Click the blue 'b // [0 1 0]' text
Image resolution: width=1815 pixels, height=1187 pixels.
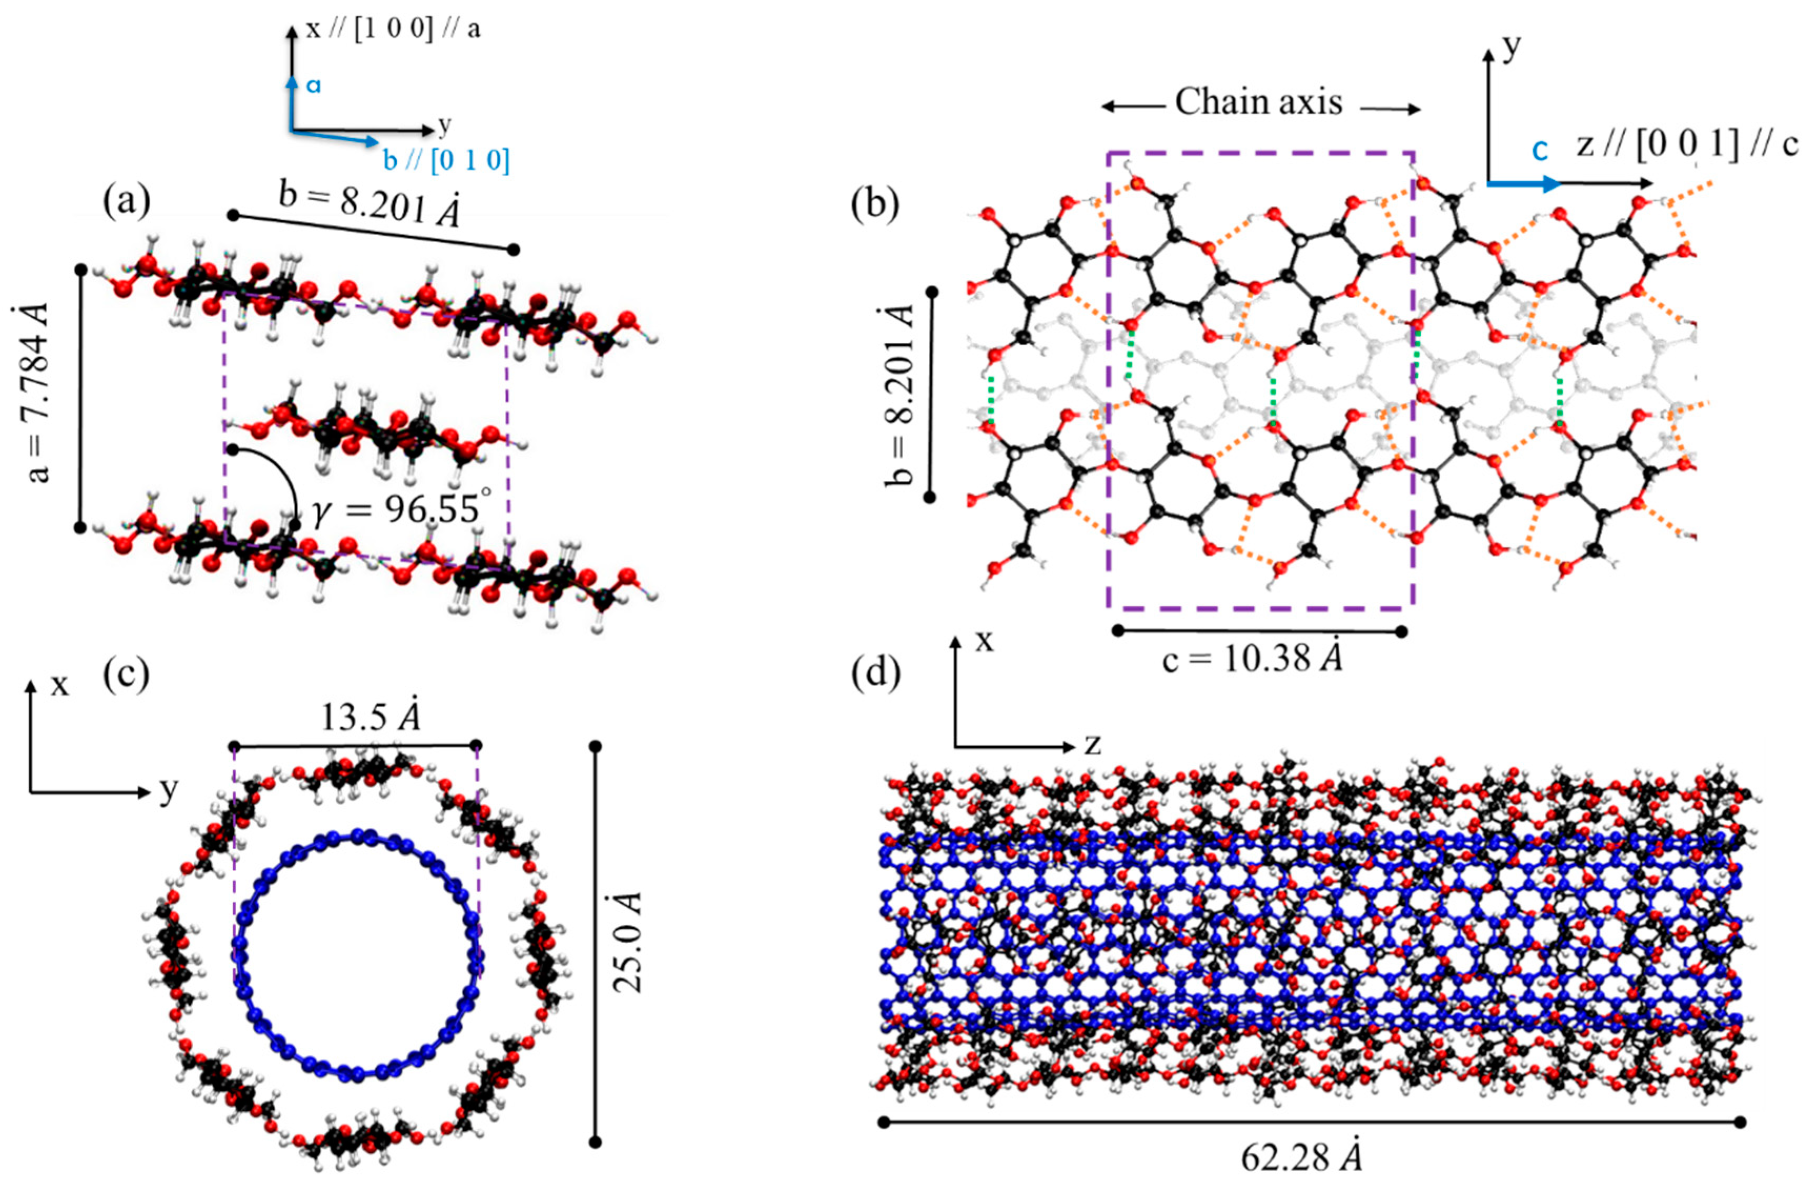(446, 161)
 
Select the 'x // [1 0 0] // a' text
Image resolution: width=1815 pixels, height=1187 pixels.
(393, 30)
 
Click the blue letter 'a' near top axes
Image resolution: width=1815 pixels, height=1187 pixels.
(313, 85)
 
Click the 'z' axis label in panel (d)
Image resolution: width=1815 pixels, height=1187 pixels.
(1093, 744)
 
